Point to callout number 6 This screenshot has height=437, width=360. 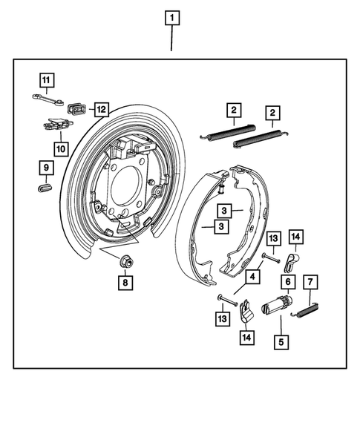(x=286, y=283)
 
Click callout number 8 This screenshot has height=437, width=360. (x=125, y=282)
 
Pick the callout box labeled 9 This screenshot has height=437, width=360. (x=45, y=168)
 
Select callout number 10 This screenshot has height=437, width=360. (x=60, y=148)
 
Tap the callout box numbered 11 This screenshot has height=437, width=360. (x=46, y=79)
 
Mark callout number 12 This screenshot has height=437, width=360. (x=100, y=110)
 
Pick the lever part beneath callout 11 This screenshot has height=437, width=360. (x=46, y=97)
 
